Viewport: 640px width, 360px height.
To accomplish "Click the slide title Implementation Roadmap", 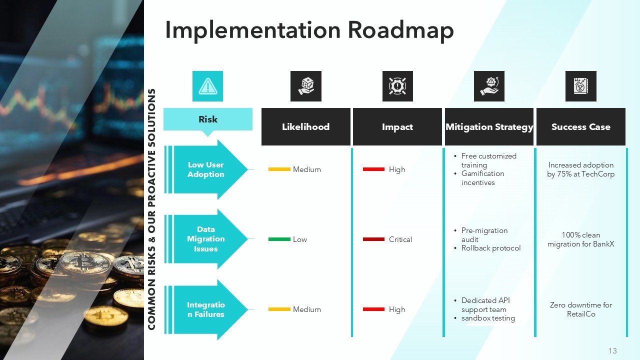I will tap(309, 30).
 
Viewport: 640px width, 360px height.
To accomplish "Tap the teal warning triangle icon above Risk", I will tap(207, 86).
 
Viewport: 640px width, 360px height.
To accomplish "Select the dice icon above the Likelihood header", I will tap(305, 86).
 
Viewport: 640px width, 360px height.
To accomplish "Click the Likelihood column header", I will tap(305, 127).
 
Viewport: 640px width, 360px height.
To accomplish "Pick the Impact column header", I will tap(397, 127).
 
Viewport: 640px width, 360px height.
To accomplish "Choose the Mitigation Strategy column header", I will tap(489, 127).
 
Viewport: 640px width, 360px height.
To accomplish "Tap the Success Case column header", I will tap(580, 127).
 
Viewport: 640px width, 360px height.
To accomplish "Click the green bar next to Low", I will tap(279, 239).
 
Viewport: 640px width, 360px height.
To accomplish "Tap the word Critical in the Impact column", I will tap(400, 239).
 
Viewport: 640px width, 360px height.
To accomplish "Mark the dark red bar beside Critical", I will tap(373, 239).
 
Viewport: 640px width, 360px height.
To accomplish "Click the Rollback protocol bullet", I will tap(490, 248).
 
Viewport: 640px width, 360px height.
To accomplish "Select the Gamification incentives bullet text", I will tap(482, 178).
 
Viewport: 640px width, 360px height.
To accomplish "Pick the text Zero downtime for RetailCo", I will tap(580, 309).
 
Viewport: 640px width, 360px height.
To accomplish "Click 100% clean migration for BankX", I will tap(580, 239).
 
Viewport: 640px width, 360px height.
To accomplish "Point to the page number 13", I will tap(612, 350).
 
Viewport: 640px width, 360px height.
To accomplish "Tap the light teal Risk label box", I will tap(207, 119).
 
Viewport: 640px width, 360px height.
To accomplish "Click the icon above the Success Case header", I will tap(580, 86).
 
